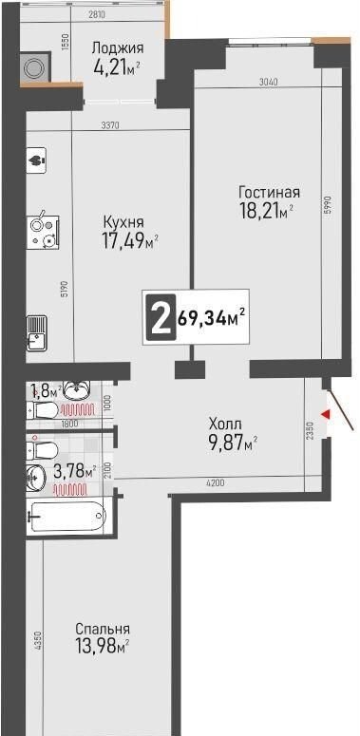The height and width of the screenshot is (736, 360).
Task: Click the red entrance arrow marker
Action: [x=326, y=414]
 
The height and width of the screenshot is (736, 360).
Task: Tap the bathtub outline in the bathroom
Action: [x=67, y=516]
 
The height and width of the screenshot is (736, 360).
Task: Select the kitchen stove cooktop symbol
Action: [x=43, y=233]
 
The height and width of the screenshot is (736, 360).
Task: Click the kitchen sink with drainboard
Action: [x=37, y=332]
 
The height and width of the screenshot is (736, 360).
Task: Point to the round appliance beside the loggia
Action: [x=35, y=68]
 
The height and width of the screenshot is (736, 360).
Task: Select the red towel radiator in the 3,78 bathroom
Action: [x=70, y=491]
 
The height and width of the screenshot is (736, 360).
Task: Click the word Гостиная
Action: [x=269, y=193]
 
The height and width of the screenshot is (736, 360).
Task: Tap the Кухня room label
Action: [x=123, y=221]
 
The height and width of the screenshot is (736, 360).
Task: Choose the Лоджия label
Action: [x=118, y=47]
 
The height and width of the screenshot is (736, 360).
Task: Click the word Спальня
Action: [x=103, y=629]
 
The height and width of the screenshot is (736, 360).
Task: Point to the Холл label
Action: [x=225, y=425]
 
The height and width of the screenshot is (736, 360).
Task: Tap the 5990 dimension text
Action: [x=328, y=205]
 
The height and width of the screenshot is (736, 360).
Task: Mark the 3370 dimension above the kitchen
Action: [x=111, y=124]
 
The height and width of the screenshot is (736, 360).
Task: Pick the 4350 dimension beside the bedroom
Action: [x=39, y=641]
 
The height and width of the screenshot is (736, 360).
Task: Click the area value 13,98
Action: [x=95, y=648]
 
